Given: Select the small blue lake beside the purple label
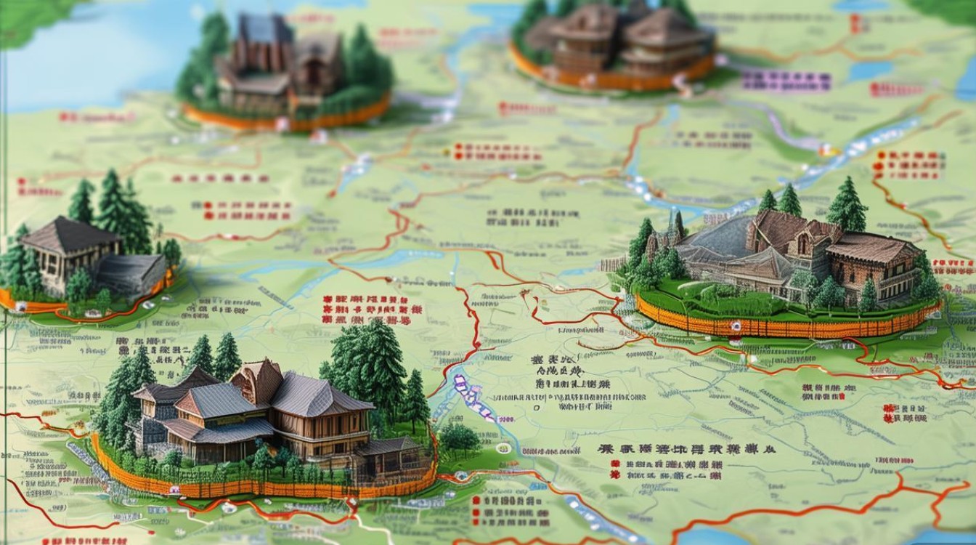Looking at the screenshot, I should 869,70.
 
